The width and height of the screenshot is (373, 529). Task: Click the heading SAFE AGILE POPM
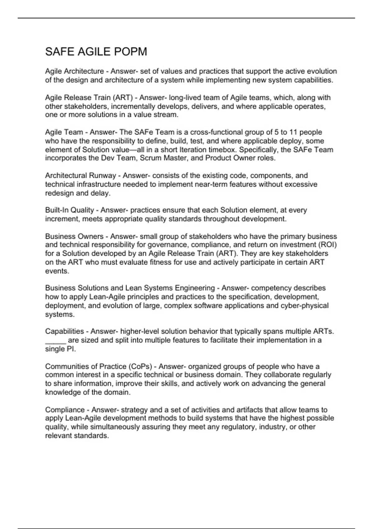point(96,52)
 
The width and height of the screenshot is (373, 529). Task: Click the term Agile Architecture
point(74,71)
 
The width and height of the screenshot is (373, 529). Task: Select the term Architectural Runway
point(81,176)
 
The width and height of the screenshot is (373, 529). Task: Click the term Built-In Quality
point(69,210)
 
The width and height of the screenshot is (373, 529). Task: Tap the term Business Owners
point(74,236)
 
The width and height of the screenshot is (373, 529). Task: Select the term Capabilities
point(64,331)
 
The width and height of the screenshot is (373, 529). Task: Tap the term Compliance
point(65,410)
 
